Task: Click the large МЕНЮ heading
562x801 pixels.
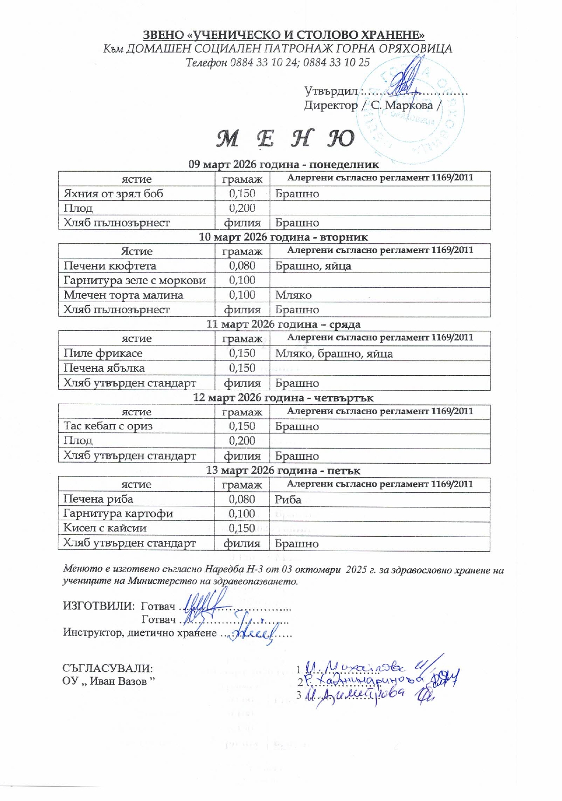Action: tap(285, 138)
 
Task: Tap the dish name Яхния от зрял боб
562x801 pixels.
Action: tap(113, 193)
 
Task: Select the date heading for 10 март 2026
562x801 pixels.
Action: tap(283, 237)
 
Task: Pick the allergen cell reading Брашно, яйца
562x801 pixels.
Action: tap(313, 266)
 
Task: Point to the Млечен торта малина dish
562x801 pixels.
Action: tap(124, 295)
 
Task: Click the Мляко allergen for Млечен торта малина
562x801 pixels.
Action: tap(293, 295)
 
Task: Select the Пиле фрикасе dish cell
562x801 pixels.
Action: tap(103, 353)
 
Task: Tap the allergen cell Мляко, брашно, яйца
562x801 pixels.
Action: tap(334, 353)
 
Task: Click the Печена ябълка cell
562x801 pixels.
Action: tap(104, 368)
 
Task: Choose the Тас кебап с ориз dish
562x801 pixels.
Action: tap(108, 426)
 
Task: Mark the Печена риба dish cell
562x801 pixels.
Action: tap(98, 499)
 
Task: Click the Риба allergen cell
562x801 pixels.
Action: tap(288, 499)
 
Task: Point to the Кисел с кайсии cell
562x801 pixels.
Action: tap(105, 528)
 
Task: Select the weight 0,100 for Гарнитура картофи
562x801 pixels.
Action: tap(242, 513)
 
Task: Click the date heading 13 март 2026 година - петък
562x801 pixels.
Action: tap(283, 470)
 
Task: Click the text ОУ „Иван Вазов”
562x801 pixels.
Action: tap(109, 681)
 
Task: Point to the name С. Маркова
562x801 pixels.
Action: tap(402, 105)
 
